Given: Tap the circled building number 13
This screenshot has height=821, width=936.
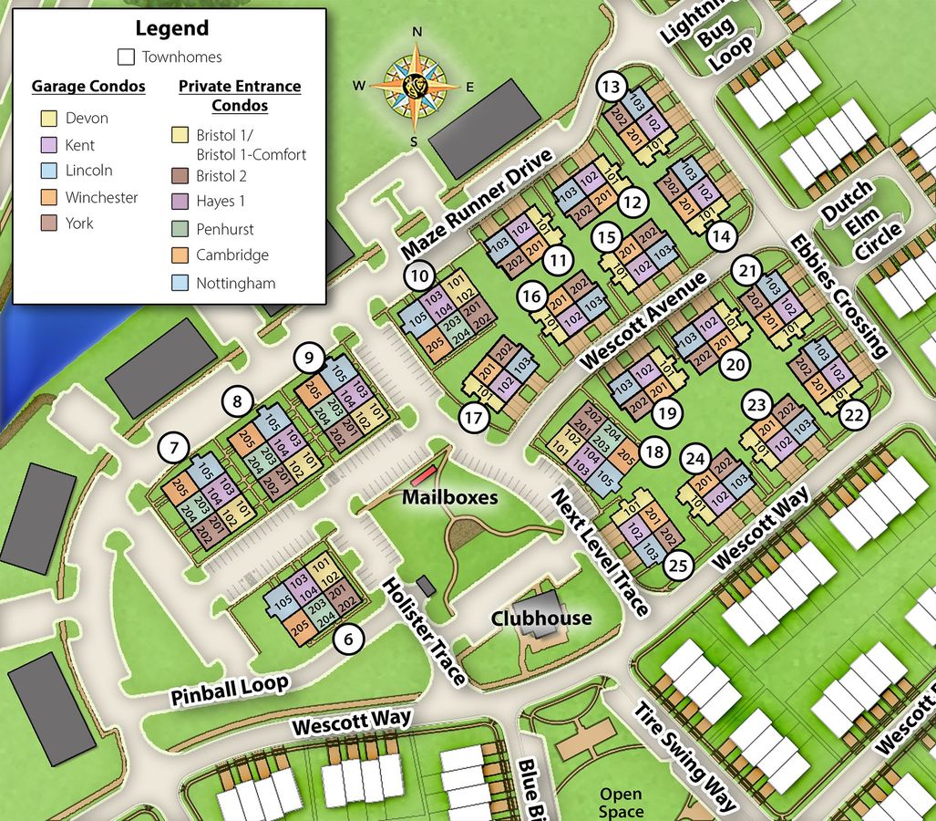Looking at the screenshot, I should coord(612,88).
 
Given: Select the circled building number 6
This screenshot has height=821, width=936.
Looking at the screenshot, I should coord(347,639).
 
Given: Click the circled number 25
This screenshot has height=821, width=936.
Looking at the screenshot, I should coord(677,566).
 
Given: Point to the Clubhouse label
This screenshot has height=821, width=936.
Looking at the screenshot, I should coord(541,618).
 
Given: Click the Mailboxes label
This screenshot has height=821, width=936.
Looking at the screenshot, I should coord(450,497).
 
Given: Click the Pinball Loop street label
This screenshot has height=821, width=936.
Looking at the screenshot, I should coord(230,690).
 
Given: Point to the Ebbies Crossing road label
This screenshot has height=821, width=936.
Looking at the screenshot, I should coord(838,295).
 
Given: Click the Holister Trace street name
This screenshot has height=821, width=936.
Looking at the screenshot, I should coord(424,630).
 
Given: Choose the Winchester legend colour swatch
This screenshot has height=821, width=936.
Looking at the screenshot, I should coord(49,196).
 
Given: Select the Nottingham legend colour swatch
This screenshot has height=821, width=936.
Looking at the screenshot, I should coord(180,283).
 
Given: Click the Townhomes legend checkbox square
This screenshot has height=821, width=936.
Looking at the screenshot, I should coord(127,57).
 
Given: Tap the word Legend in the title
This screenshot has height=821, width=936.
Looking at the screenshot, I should coord(171,28).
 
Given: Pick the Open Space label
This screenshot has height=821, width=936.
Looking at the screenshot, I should coord(621,803).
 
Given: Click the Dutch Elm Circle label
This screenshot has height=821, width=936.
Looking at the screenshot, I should coord(860,222).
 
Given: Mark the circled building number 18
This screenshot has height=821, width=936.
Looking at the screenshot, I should coord(653,452).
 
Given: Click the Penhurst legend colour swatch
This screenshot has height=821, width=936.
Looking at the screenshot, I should coord(180,229).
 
